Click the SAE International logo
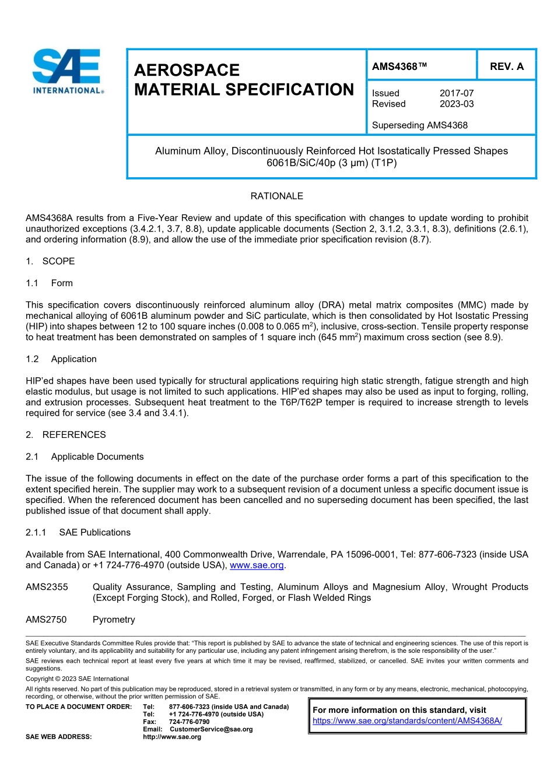click(68, 71)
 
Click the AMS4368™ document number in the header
click(399, 66)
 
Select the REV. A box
click(506, 66)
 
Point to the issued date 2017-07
click(457, 93)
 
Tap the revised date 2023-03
click(457, 104)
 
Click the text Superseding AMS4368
click(419, 125)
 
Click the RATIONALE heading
click(276, 196)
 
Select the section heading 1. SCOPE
click(50, 262)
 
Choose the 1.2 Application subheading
click(61, 360)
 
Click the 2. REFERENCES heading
click(66, 435)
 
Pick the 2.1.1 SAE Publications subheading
click(78, 533)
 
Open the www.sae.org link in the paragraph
click(257, 565)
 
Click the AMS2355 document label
click(47, 587)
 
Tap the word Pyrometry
click(114, 620)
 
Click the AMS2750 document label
click(46, 620)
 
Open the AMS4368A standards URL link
click(407, 721)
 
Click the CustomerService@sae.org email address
click(211, 729)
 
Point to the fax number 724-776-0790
click(189, 722)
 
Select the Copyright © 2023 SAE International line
click(77, 679)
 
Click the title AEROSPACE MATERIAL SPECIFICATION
click(244, 80)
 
